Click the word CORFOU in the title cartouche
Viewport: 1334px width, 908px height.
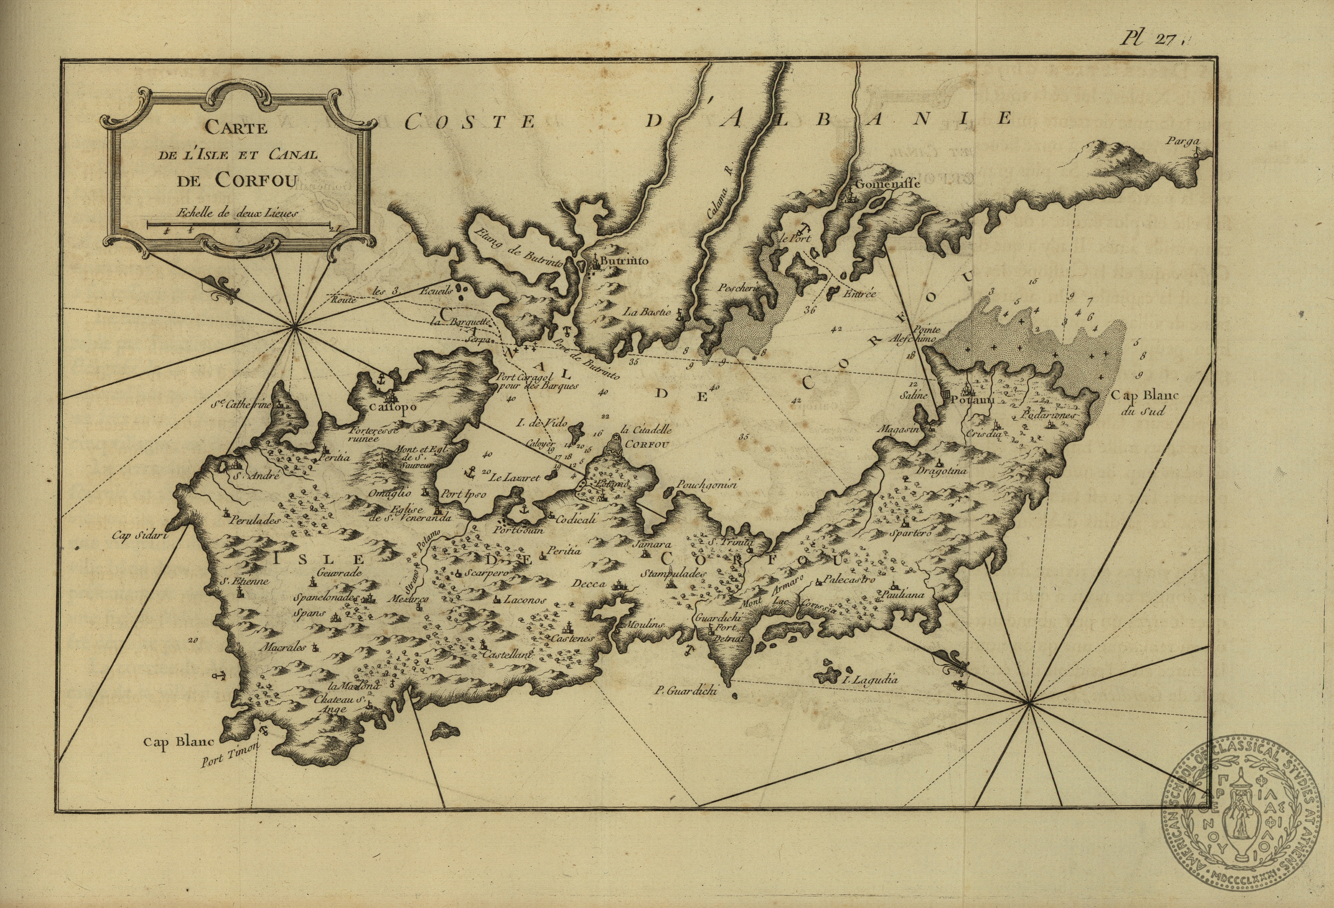(x=257, y=180)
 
